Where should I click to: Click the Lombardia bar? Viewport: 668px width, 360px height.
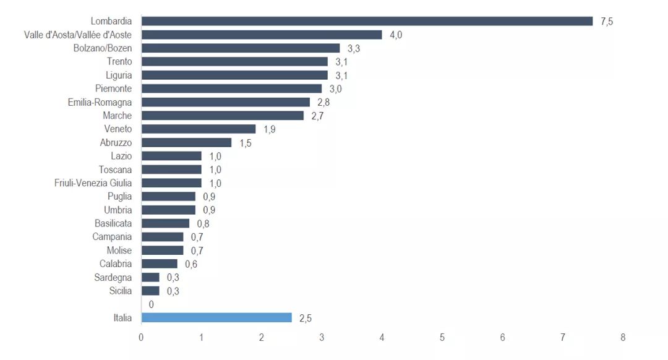point(367,21)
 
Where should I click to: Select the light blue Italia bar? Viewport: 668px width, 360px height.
point(216,318)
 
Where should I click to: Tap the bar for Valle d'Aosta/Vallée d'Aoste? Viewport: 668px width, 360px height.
point(262,35)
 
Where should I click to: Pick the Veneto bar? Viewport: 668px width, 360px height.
point(199,129)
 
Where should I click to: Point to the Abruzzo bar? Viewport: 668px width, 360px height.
point(186,142)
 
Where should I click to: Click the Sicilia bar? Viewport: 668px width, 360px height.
point(150,291)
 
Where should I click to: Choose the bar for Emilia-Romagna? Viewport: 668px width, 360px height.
point(226,102)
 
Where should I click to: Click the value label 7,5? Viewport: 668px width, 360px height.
point(606,22)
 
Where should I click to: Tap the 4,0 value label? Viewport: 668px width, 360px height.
point(396,35)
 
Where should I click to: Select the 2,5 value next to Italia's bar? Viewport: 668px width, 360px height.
point(306,318)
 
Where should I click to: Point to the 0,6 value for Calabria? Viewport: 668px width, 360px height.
point(191,264)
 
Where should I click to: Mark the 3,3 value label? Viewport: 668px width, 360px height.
point(354,48)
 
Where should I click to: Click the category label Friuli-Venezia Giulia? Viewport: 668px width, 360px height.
point(93,183)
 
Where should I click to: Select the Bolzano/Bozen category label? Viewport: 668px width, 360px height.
point(103,48)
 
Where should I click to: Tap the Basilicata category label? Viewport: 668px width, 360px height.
point(113,223)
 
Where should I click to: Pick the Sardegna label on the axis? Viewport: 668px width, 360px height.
point(113,277)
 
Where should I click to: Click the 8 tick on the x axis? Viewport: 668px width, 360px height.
point(623,338)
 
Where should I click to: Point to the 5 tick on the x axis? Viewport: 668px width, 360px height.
point(442,338)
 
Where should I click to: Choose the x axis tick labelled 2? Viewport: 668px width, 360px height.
point(262,338)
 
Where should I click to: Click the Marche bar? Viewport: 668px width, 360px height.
point(223,116)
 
